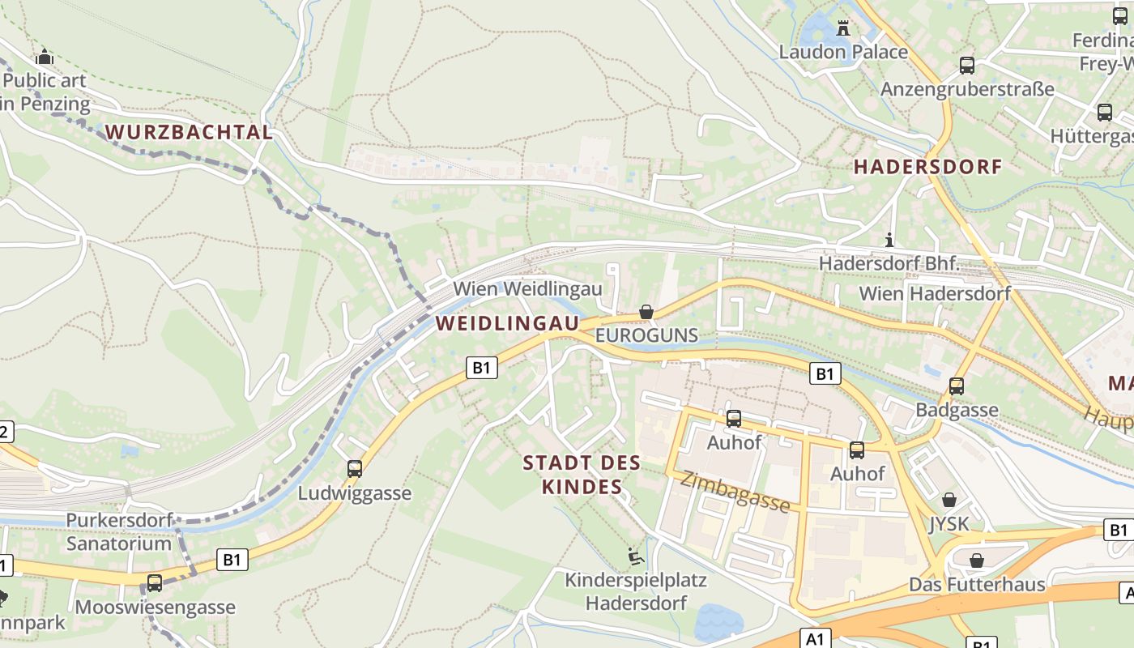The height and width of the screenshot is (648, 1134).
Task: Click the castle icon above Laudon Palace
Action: pos(843,28)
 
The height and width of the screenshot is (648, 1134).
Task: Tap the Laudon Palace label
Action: pos(843,52)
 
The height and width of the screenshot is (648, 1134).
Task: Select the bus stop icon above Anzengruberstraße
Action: pos(966,66)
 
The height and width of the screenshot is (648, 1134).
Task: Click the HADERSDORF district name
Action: pos(928,167)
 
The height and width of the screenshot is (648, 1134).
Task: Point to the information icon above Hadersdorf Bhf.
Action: pos(889,240)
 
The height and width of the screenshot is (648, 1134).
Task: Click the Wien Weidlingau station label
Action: pos(527,289)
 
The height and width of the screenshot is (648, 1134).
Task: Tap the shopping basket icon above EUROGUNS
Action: pos(646,312)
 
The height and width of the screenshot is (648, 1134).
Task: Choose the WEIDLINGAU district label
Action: pos(508,323)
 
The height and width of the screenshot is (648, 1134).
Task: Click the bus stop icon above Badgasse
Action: pos(957,386)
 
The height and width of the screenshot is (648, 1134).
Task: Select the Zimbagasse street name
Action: pos(735,492)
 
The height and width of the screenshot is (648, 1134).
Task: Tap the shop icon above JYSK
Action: pos(949,500)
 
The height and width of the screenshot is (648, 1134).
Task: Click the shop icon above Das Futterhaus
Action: pos(977,561)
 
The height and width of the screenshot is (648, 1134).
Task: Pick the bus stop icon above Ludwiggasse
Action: pos(354,468)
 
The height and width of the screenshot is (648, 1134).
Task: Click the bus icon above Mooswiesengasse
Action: pos(154,582)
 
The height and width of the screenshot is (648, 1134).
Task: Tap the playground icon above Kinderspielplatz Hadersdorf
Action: pos(636,556)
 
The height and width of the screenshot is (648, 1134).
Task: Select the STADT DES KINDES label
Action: pos(582,475)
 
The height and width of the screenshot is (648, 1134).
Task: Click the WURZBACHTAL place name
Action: pos(189,133)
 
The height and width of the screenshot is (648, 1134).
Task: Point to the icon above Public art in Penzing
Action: pos(45,57)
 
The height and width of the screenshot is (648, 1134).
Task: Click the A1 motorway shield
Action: pos(816,638)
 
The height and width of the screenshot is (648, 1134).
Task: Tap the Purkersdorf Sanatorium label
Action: pos(118,531)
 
